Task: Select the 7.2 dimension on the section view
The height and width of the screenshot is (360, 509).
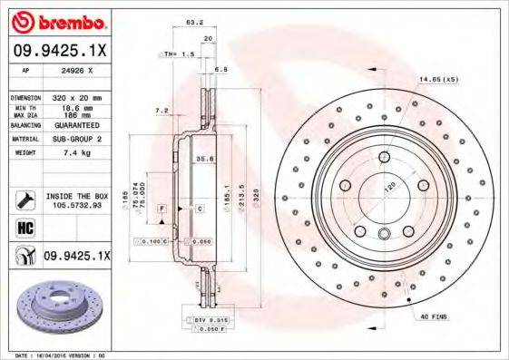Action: point(162,111)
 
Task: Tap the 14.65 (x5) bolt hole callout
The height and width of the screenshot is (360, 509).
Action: point(437,80)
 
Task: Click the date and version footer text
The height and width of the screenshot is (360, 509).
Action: point(56,355)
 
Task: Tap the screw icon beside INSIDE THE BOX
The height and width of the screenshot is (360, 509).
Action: point(24,200)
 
